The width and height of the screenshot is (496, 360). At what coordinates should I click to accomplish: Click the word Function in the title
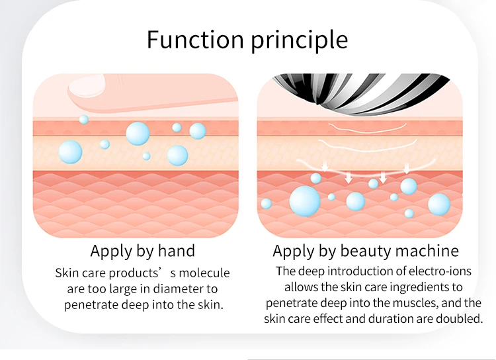coord(195,39)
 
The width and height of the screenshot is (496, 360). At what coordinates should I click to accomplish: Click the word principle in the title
coord(299,41)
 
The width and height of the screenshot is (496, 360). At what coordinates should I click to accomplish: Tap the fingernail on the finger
coord(87,85)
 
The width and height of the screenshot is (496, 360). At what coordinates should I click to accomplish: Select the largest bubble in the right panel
coord(305,201)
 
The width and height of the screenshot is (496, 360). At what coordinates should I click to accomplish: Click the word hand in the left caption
coord(176,251)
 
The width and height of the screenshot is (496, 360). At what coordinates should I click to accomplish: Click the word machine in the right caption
coord(427,251)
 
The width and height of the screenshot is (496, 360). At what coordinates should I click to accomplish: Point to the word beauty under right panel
coord(366,251)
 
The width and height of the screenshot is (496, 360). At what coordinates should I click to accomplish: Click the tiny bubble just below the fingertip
coord(83,120)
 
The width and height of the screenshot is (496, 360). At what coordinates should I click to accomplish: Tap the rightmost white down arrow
coord(407,168)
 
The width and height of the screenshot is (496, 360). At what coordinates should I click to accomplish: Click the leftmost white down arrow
coord(325,166)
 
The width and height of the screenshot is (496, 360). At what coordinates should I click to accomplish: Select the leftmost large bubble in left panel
coord(70,152)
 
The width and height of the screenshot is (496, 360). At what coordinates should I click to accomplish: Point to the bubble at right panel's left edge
coord(266,204)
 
